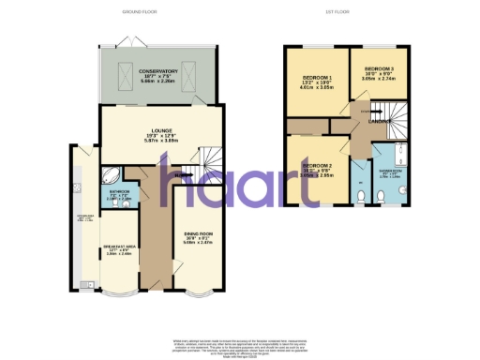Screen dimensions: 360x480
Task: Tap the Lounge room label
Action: pos(161,130)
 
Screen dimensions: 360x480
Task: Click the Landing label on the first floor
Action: pos(379,120)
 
